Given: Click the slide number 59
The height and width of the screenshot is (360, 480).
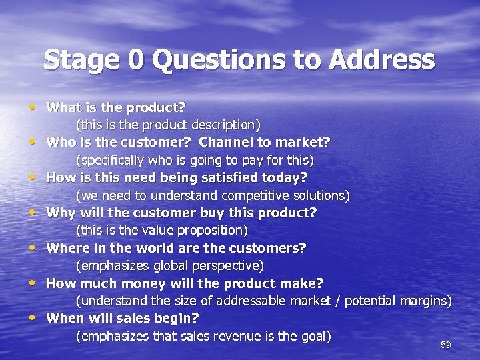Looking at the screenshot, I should tap(446, 345).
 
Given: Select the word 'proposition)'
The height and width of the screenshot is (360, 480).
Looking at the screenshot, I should tap(213, 231).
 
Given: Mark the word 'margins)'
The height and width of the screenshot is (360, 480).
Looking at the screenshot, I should tap(426, 301).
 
